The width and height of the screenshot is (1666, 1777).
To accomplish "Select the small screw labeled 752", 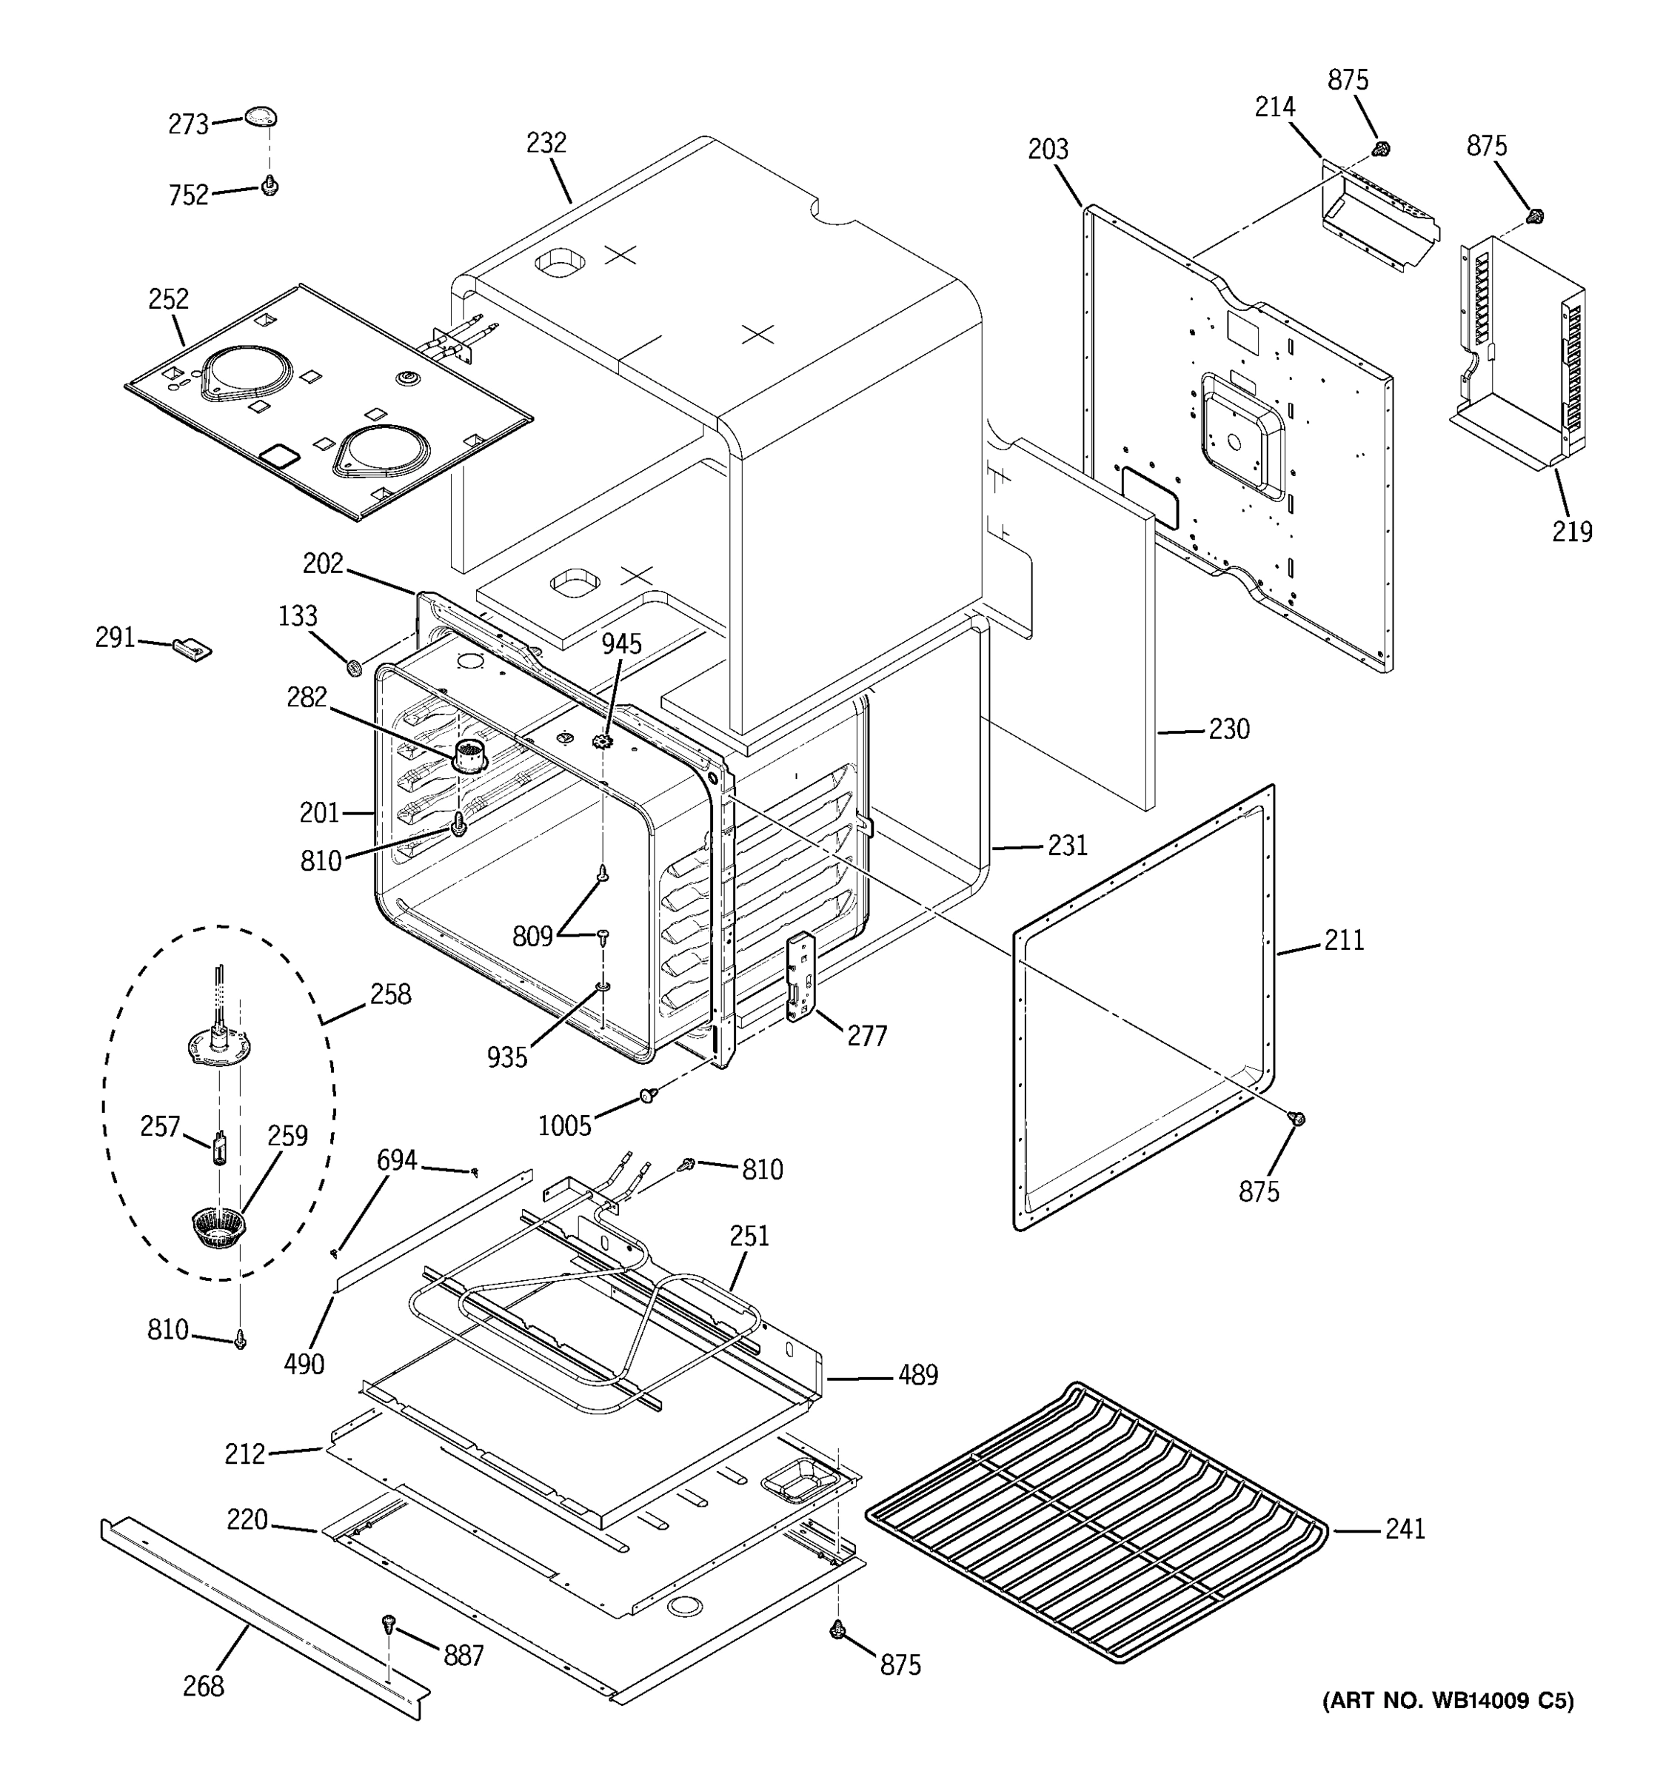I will [x=269, y=186].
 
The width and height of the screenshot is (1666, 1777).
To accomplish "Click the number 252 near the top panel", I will [x=168, y=298].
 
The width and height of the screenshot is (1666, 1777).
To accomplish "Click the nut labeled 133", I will [x=354, y=667].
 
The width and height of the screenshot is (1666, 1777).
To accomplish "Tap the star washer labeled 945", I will [x=603, y=740].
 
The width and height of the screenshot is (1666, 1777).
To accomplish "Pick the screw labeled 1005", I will [x=648, y=1095].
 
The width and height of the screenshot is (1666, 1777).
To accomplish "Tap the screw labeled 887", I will [x=389, y=1622].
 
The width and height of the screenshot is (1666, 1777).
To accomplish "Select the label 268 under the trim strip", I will [x=203, y=1686].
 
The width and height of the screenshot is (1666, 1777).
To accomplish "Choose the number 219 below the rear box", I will [x=1571, y=532].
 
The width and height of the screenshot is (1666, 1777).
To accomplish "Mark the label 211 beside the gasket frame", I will [x=1343, y=940].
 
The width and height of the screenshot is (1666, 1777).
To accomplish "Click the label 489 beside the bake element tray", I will [x=917, y=1375].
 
